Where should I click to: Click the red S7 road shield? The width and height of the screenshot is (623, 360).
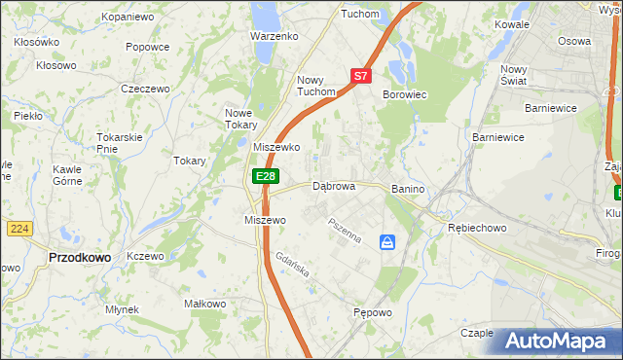[360, 75]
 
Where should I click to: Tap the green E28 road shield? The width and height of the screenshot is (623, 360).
[266, 176]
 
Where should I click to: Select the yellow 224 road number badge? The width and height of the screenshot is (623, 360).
[18, 228]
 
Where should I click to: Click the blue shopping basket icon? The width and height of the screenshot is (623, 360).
[388, 241]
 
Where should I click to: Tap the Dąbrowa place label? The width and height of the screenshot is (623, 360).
[333, 186]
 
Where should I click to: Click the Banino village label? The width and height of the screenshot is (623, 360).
[410, 188]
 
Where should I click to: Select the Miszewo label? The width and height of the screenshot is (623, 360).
[264, 221]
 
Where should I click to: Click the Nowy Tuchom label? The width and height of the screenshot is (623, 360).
[315, 86]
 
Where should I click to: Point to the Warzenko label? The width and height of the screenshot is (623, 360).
[274, 36]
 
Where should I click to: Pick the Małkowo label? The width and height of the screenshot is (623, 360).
[205, 305]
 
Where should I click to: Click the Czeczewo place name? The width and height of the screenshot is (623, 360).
[139, 88]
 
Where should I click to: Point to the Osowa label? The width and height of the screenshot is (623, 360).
[573, 42]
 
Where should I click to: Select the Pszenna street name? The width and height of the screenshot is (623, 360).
[345, 232]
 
